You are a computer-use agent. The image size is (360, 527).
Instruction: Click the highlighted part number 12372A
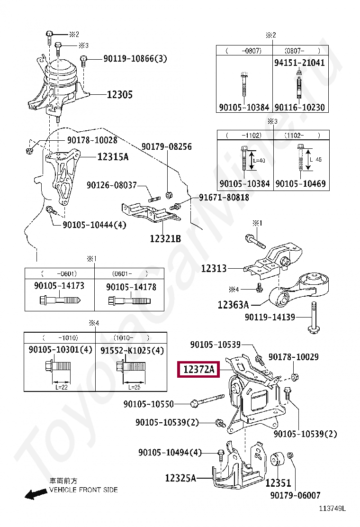[198, 369]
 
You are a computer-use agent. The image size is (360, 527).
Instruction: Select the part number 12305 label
[119, 95]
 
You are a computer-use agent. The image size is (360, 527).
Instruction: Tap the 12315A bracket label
[113, 156]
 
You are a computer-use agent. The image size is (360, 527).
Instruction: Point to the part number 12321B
[165, 239]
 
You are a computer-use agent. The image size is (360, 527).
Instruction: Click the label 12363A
[234, 305]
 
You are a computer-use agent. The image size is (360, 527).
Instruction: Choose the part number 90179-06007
[295, 496]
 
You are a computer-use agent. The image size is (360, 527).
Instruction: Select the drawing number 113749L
[332, 509]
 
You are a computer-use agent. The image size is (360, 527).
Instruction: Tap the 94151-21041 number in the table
[300, 63]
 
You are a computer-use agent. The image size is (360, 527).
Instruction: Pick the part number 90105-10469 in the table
[300, 183]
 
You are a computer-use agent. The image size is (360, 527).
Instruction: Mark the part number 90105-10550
[149, 404]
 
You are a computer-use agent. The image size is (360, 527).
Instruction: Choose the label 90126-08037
[111, 185]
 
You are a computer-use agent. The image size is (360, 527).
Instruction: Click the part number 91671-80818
[224, 197]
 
